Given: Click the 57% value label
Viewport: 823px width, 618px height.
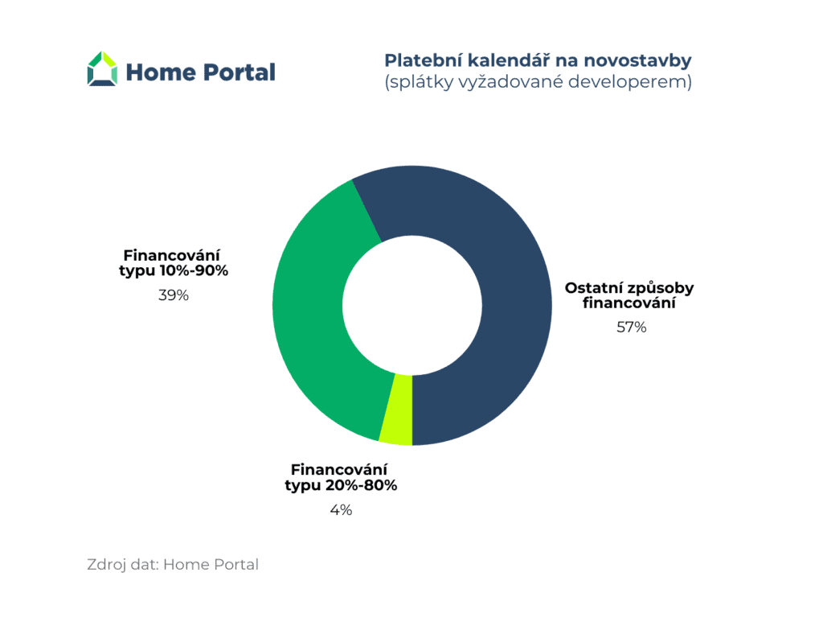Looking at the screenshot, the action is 632,328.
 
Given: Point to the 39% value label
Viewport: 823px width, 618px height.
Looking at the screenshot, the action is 174,295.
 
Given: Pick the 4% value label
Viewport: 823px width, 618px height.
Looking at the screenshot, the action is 341,509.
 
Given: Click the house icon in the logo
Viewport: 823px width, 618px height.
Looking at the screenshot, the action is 102,68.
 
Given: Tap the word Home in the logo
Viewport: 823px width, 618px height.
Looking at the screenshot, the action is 160,72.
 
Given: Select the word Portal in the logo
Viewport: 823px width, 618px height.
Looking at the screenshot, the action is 239,72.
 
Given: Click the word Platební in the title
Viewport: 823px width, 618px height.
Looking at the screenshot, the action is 423,60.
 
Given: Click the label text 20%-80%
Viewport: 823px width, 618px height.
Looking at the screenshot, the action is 361,485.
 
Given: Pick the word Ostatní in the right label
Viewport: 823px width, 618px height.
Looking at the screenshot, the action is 594,288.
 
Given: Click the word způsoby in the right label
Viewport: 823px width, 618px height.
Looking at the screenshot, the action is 661,289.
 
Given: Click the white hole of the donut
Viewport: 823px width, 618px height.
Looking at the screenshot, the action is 412,305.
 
